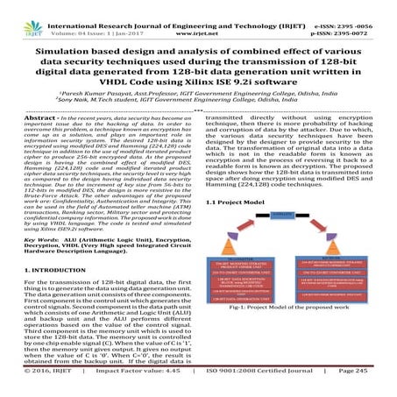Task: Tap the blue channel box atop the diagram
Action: pos(295,215)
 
